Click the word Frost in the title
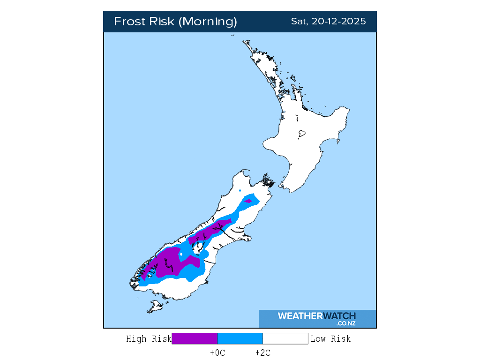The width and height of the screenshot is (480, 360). (130, 22)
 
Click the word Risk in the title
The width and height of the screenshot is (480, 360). (163, 22)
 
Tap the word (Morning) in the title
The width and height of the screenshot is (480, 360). (209, 22)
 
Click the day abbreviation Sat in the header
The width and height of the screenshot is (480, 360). (298, 22)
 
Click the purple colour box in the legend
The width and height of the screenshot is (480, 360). (195, 338)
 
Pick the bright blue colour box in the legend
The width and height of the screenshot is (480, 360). (240, 338)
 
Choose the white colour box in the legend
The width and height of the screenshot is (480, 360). (285, 338)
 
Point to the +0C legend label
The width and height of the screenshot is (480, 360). (217, 353)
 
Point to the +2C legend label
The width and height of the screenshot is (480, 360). (262, 353)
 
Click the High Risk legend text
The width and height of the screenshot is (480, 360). (149, 339)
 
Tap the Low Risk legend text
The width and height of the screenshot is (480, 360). (330, 339)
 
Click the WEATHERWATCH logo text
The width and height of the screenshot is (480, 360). (316, 316)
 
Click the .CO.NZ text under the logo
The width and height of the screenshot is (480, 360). (345, 323)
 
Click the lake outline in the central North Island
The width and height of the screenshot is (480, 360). (302, 134)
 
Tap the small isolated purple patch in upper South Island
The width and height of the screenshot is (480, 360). (248, 202)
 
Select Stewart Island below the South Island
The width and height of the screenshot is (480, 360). (154, 307)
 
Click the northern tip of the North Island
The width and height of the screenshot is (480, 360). (244, 42)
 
